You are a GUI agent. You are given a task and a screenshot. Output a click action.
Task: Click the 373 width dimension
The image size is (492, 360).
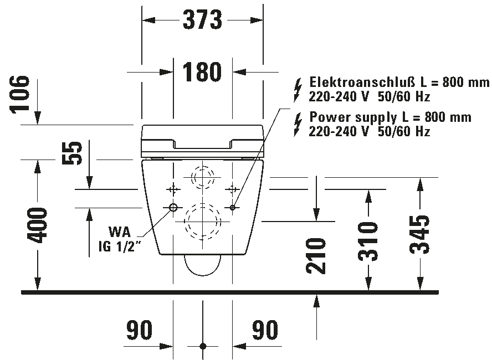tap(202, 20)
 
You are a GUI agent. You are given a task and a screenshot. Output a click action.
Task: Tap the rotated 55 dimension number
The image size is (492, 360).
tap(71, 155)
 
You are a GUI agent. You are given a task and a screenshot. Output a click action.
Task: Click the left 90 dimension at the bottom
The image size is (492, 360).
tap(139, 331)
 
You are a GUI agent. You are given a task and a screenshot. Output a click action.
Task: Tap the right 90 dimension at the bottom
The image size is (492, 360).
tap(265, 331)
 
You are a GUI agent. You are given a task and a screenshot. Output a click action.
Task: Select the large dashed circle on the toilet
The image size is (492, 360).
tap(203, 222)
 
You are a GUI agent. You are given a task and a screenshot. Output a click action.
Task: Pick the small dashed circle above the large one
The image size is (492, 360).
tap(203, 177)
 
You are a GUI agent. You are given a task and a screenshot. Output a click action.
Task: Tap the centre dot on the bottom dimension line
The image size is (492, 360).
tap(203, 346)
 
